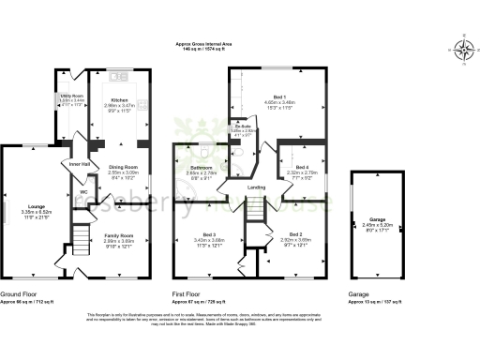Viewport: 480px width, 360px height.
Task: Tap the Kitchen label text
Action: pos(120,98)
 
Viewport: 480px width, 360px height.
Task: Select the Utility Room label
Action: pos(73,96)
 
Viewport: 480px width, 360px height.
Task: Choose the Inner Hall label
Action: pos(80,164)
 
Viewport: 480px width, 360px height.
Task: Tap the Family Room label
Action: pos(118,235)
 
